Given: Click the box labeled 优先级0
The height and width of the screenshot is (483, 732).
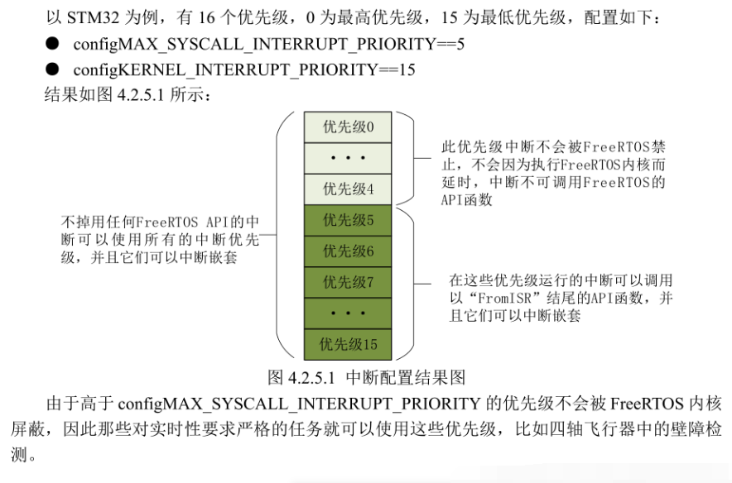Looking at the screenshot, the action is tap(348, 127).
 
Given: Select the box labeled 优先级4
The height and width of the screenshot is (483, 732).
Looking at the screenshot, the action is tap(348, 189).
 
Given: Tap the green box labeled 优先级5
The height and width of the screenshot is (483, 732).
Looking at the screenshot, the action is tap(348, 220).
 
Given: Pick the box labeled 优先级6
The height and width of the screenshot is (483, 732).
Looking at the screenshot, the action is tap(348, 251).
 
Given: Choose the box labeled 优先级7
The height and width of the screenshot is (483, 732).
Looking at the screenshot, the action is tap(348, 282).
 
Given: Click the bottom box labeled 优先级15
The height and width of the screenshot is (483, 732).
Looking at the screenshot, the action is tap(348, 345).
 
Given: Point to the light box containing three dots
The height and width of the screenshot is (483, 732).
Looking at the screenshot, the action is tap(348, 158).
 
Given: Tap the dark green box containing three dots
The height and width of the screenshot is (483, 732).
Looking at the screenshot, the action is tap(348, 313).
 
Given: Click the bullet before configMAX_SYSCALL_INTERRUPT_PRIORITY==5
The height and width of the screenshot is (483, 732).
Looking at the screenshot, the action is tap(52, 44).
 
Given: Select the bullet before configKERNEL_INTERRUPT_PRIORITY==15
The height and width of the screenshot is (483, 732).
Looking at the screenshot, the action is tap(52, 69).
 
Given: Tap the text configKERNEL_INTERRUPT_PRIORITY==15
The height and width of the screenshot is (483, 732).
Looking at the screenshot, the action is tap(244, 69).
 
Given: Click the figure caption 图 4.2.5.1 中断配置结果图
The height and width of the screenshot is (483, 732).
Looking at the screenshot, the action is tap(367, 377).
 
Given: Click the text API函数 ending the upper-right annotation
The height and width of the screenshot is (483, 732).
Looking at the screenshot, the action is tap(466, 200).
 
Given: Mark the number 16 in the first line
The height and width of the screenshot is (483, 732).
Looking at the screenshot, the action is tap(207, 17).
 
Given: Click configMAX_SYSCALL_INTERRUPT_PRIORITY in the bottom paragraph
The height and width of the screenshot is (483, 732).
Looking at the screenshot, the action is tap(299, 404).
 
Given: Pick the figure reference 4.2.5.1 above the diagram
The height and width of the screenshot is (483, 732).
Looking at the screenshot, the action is tap(141, 94).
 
